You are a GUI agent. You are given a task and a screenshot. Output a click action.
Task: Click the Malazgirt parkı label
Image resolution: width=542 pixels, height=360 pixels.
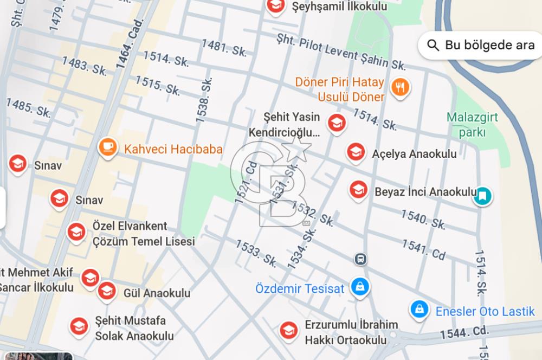click(x=472, y=124)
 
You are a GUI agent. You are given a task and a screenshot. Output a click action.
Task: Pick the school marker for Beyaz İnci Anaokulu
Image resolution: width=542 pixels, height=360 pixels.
click(x=358, y=190)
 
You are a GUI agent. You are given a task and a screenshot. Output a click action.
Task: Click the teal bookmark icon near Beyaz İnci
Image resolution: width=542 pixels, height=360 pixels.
click(x=482, y=195)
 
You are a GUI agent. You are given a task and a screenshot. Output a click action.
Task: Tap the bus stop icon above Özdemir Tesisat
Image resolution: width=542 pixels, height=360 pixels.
click(x=360, y=259)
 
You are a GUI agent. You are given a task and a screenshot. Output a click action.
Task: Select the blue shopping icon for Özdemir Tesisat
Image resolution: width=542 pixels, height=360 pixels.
click(x=359, y=286)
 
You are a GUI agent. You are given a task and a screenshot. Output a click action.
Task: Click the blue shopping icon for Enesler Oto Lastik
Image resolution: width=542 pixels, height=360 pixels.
click(x=419, y=310)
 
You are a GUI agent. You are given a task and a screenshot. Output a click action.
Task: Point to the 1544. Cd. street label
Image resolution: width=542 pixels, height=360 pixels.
click(x=464, y=332)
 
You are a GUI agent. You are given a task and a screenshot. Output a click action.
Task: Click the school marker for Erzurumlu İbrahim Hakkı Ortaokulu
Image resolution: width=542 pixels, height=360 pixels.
click(x=288, y=330)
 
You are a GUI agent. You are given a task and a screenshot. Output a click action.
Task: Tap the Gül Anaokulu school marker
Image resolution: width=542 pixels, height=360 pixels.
click(x=107, y=291)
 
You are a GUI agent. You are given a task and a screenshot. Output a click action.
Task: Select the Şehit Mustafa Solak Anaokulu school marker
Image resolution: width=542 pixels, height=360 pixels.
click(x=79, y=326)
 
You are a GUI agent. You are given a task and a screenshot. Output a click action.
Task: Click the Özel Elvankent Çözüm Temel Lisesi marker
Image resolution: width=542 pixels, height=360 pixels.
click(x=76, y=232)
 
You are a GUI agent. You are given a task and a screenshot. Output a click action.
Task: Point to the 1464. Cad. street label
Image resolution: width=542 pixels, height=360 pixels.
click(x=129, y=43)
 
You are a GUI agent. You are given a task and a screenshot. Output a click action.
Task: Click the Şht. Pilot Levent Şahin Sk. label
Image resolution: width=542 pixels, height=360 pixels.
click(x=341, y=52)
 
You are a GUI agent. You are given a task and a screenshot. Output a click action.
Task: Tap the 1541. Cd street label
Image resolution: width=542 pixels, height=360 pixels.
click(x=423, y=249)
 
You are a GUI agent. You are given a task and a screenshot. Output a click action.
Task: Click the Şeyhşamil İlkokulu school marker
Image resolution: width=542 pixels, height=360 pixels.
click(x=276, y=6)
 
